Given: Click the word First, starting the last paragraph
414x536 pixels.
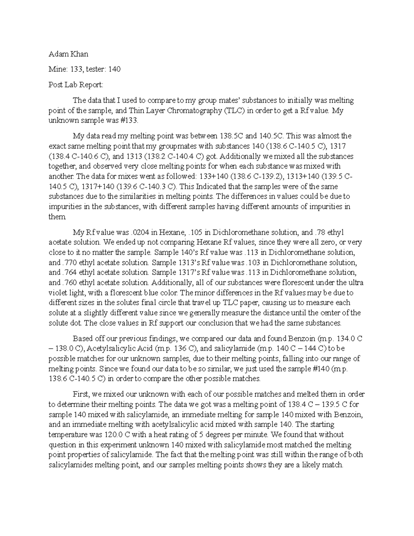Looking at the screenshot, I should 81,394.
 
